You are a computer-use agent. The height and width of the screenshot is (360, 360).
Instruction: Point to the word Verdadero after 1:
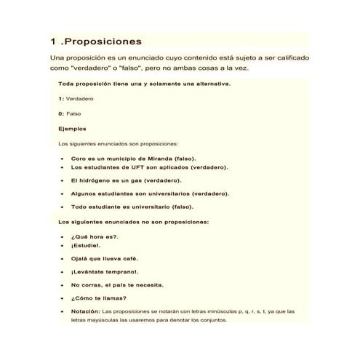[x=80, y=98]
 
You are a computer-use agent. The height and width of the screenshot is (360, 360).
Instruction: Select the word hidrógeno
[x=98, y=180]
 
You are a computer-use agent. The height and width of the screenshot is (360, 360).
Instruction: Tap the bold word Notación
[x=85, y=311]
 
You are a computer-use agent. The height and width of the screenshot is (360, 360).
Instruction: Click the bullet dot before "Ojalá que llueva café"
[x=63, y=259]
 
